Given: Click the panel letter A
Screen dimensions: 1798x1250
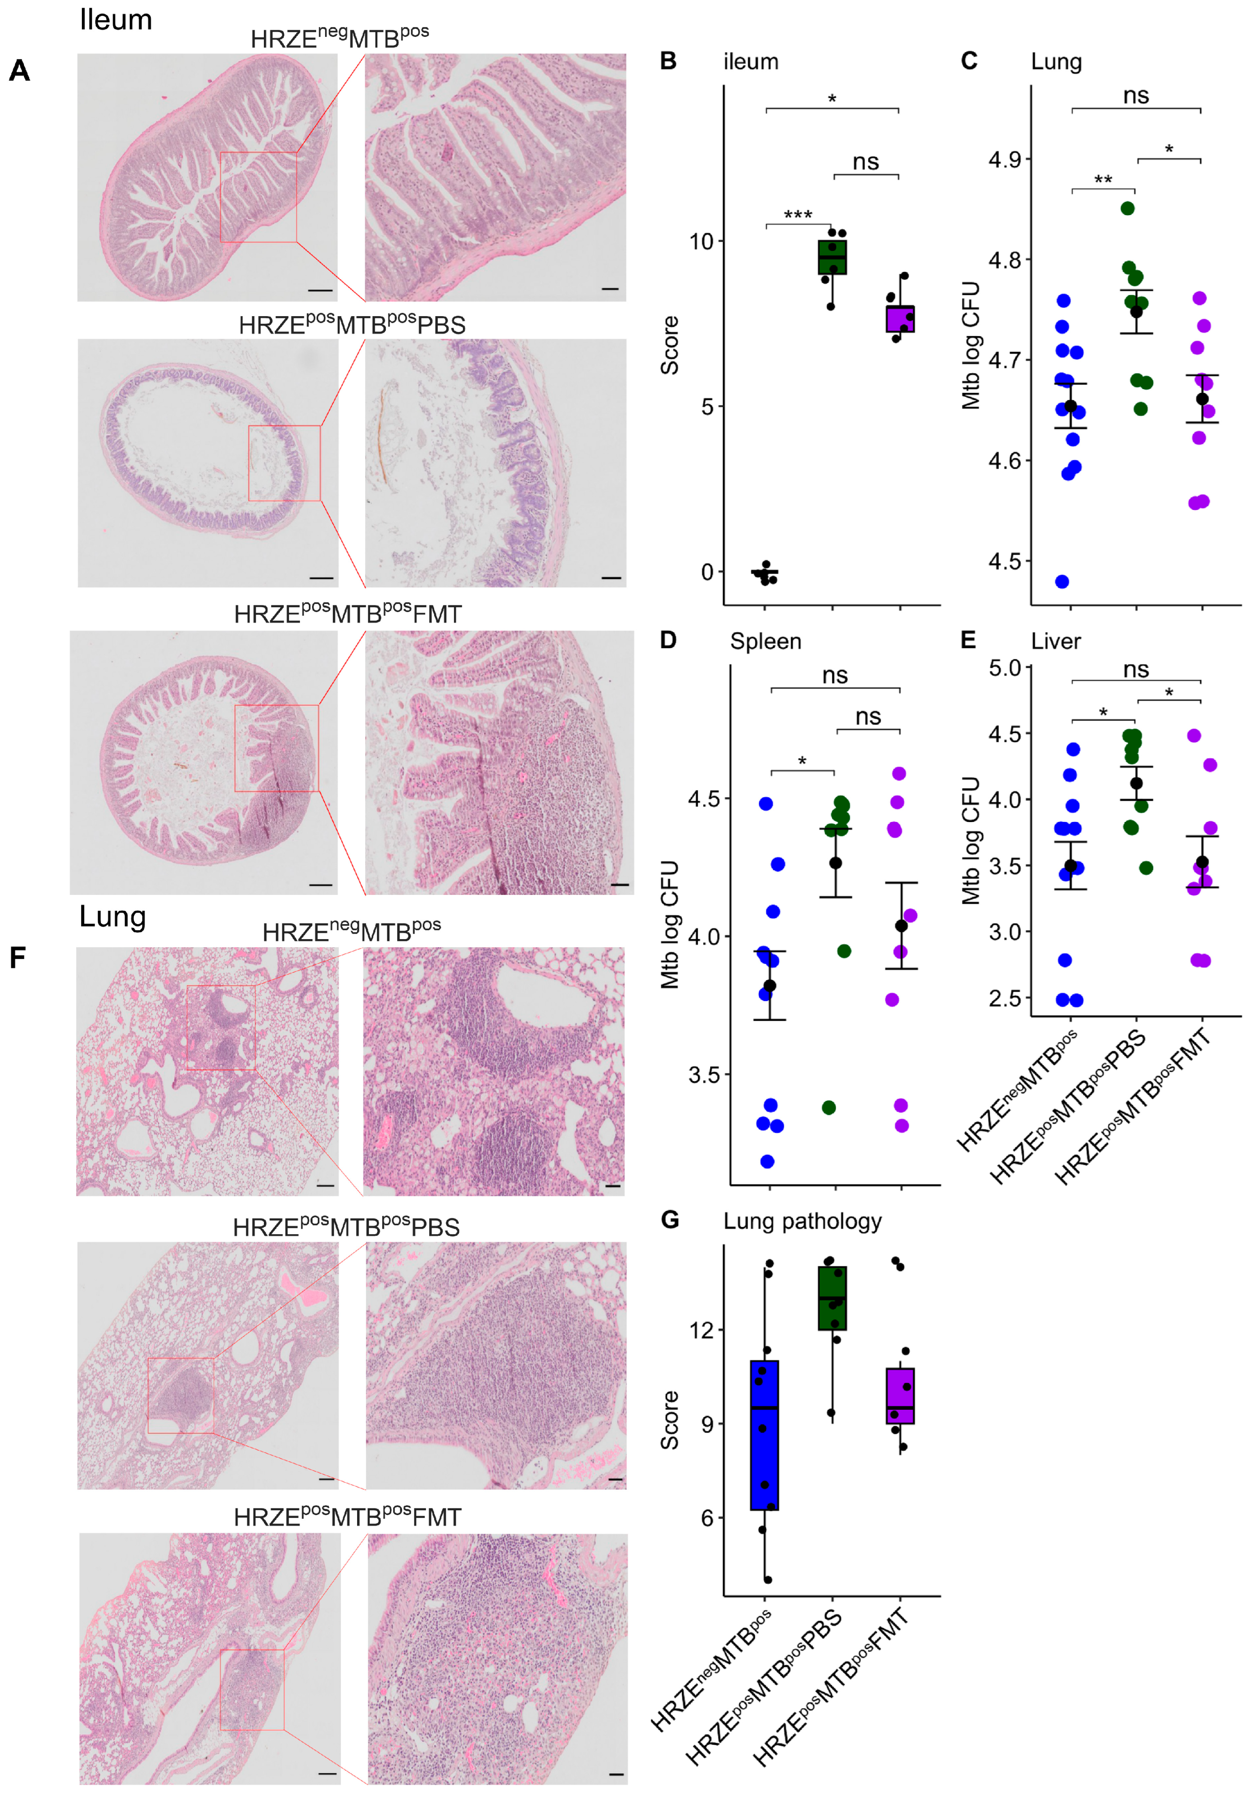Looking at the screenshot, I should (19, 71).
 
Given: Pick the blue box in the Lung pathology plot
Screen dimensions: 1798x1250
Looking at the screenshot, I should (764, 1435).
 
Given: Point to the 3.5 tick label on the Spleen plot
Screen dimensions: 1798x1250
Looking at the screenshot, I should (704, 1074).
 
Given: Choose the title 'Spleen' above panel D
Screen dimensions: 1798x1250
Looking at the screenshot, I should (765, 641).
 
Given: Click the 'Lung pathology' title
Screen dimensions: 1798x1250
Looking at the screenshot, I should (802, 1221).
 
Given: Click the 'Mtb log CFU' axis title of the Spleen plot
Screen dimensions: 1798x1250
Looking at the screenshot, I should (669, 924).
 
